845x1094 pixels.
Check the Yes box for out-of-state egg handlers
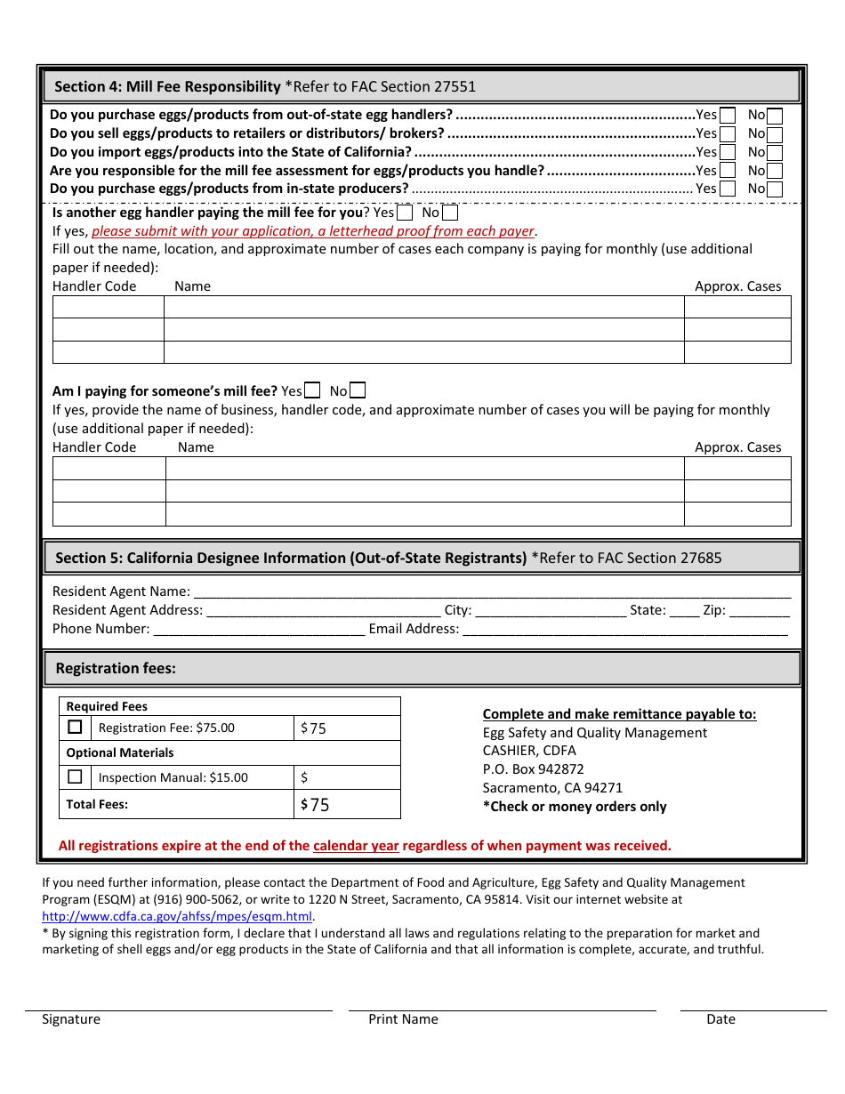pyautogui.click(x=728, y=115)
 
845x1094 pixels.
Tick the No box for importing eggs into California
pyautogui.click(x=775, y=152)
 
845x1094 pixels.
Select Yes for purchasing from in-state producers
pyautogui.click(x=728, y=189)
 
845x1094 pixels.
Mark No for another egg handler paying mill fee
pyautogui.click(x=450, y=213)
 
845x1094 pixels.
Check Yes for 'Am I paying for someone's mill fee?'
pyautogui.click(x=312, y=390)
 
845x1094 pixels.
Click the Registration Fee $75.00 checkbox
pyautogui.click(x=76, y=727)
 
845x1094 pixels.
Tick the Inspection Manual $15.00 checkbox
pyautogui.click(x=76, y=776)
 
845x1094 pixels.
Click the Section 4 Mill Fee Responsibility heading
pyautogui.click(x=265, y=86)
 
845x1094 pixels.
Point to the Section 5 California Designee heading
pyautogui.click(x=388, y=558)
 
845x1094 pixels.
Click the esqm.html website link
pyautogui.click(x=177, y=916)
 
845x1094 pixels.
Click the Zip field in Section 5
pyautogui.click(x=759, y=611)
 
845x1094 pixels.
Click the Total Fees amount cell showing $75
pyautogui.click(x=347, y=805)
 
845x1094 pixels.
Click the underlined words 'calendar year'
pyautogui.click(x=356, y=846)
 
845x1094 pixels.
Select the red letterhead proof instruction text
pyautogui.click(x=313, y=231)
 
